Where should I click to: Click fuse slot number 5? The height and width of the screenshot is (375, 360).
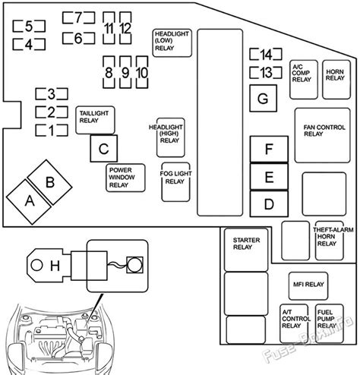[x=29, y=27]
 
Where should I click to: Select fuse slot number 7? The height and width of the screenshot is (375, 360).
[x=78, y=17]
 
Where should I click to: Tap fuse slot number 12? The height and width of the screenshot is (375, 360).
[x=125, y=28]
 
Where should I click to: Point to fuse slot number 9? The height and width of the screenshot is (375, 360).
[x=125, y=72]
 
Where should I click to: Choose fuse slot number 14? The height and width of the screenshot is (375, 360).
[x=266, y=54]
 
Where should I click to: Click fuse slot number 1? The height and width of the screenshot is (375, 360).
[x=52, y=131]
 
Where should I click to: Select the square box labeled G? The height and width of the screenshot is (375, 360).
[x=263, y=99]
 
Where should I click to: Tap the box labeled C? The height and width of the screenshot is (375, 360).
[x=104, y=149]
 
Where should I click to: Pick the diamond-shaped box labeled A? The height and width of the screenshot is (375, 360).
[x=29, y=202]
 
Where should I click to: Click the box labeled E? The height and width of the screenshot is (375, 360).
[x=269, y=177]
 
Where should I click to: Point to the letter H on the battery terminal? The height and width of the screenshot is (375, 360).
[x=55, y=266]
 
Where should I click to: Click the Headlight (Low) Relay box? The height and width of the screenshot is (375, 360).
[x=172, y=43]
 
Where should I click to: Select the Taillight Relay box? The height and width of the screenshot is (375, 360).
[x=95, y=120]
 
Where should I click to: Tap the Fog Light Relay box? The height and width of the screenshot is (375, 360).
[x=175, y=182]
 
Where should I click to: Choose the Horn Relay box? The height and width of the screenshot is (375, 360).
[x=336, y=80]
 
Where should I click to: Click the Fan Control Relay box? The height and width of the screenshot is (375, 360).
[x=323, y=135]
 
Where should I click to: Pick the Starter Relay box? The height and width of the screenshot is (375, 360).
[x=246, y=250]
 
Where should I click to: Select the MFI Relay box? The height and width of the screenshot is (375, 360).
[x=308, y=286]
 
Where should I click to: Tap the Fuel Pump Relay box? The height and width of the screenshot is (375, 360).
[x=330, y=323]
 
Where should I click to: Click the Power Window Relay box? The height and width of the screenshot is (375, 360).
[x=125, y=178]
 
